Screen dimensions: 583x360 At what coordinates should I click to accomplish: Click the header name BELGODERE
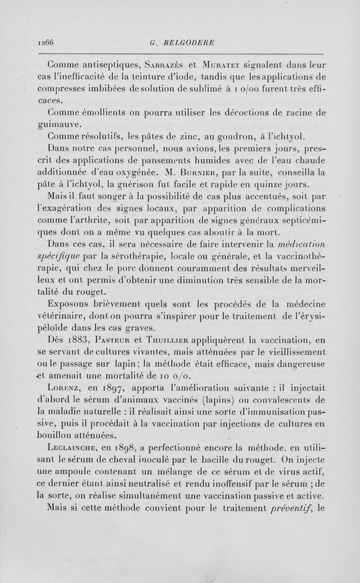point(184,43)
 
